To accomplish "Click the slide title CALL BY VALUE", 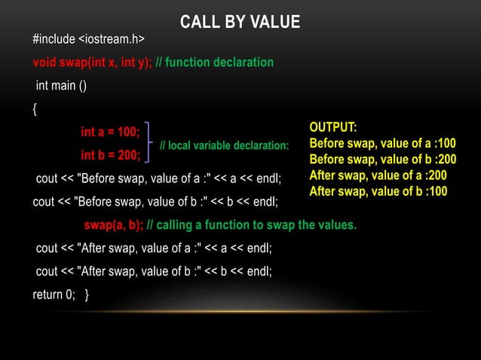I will point(240,22).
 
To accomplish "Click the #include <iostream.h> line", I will point(89,38).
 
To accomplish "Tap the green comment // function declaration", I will point(215,62).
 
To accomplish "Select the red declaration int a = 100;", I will point(111,133).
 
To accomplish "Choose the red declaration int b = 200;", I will point(111,156).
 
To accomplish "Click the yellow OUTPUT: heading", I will point(333,127).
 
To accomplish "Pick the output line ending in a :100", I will point(382,142).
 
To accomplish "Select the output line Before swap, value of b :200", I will point(382,159).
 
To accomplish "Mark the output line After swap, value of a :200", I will point(378,175).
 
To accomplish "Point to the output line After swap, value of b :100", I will point(378,191).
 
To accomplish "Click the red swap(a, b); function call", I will point(113,224).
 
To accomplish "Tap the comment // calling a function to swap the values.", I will point(252,224).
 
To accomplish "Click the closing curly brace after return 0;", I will point(89,294).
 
